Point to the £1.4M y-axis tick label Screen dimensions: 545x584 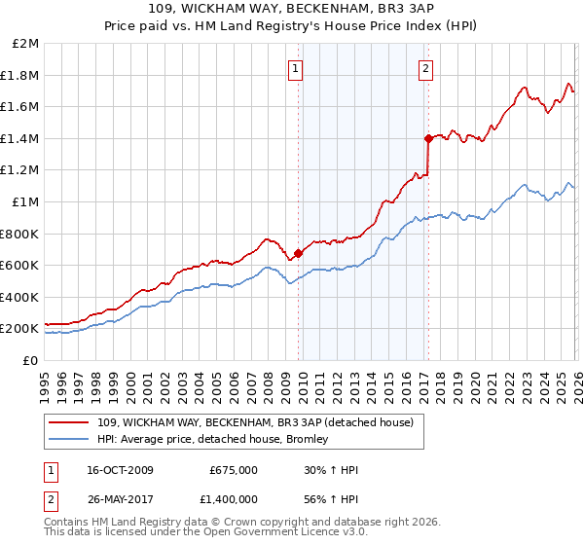tap(21, 138)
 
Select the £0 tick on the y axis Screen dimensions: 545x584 tap(31, 360)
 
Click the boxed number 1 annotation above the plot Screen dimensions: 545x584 tap(295, 68)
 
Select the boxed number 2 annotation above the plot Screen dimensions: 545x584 tap(426, 68)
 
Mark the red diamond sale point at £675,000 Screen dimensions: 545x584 tap(298, 253)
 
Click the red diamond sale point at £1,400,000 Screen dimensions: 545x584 tap(428, 138)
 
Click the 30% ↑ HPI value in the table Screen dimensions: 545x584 tap(331, 470)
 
